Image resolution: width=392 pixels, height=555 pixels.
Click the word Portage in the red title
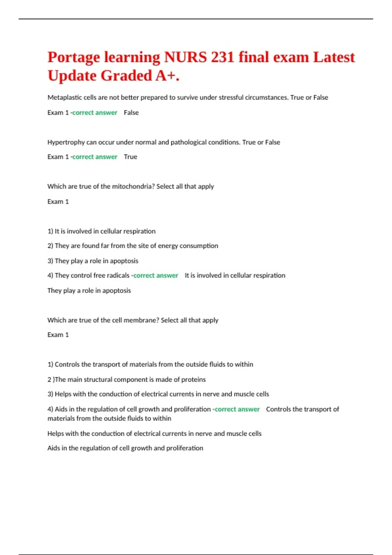pyautogui.click(x=74, y=57)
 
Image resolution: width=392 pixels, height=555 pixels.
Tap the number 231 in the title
pyautogui.click(x=222, y=57)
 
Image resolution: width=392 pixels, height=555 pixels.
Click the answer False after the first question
pyautogui.click(x=131, y=113)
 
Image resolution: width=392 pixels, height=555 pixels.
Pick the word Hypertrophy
pyautogui.click(x=66, y=142)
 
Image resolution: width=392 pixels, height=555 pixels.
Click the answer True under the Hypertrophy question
pyautogui.click(x=131, y=157)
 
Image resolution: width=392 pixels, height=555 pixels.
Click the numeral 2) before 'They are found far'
pyautogui.click(x=50, y=246)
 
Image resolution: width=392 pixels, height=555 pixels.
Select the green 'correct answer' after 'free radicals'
pyautogui.click(x=156, y=276)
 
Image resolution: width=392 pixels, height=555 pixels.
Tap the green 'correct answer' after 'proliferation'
pyautogui.click(x=237, y=409)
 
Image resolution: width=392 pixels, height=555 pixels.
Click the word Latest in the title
pyautogui.click(x=334, y=57)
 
